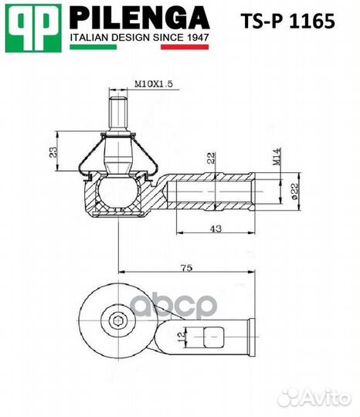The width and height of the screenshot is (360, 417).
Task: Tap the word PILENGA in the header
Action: pos(139,18)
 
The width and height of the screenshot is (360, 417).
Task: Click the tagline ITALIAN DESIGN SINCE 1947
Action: pos(139,37)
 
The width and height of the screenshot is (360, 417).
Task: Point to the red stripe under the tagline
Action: pos(185,47)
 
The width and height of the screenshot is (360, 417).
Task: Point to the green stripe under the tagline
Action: pos(92,47)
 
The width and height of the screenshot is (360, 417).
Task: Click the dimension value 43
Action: pos(216,229)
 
